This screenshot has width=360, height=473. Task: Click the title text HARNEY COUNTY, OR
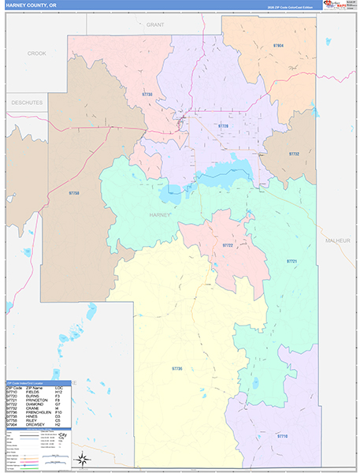[31, 5]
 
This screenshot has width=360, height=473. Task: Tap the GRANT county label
[154, 25]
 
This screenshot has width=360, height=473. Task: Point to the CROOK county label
[37, 54]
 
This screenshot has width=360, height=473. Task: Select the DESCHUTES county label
[27, 102]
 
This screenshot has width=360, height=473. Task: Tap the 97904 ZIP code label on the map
[278, 47]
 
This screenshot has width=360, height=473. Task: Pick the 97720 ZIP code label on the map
[223, 125]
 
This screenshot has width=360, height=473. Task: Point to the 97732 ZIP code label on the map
[294, 154]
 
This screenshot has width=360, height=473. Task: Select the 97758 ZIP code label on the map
[74, 193]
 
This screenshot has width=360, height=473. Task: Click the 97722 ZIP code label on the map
[228, 246]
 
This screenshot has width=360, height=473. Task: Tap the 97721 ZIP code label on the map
[291, 261]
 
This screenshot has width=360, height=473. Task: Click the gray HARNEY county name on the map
[158, 214]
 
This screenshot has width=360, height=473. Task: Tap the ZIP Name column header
[35, 387]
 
